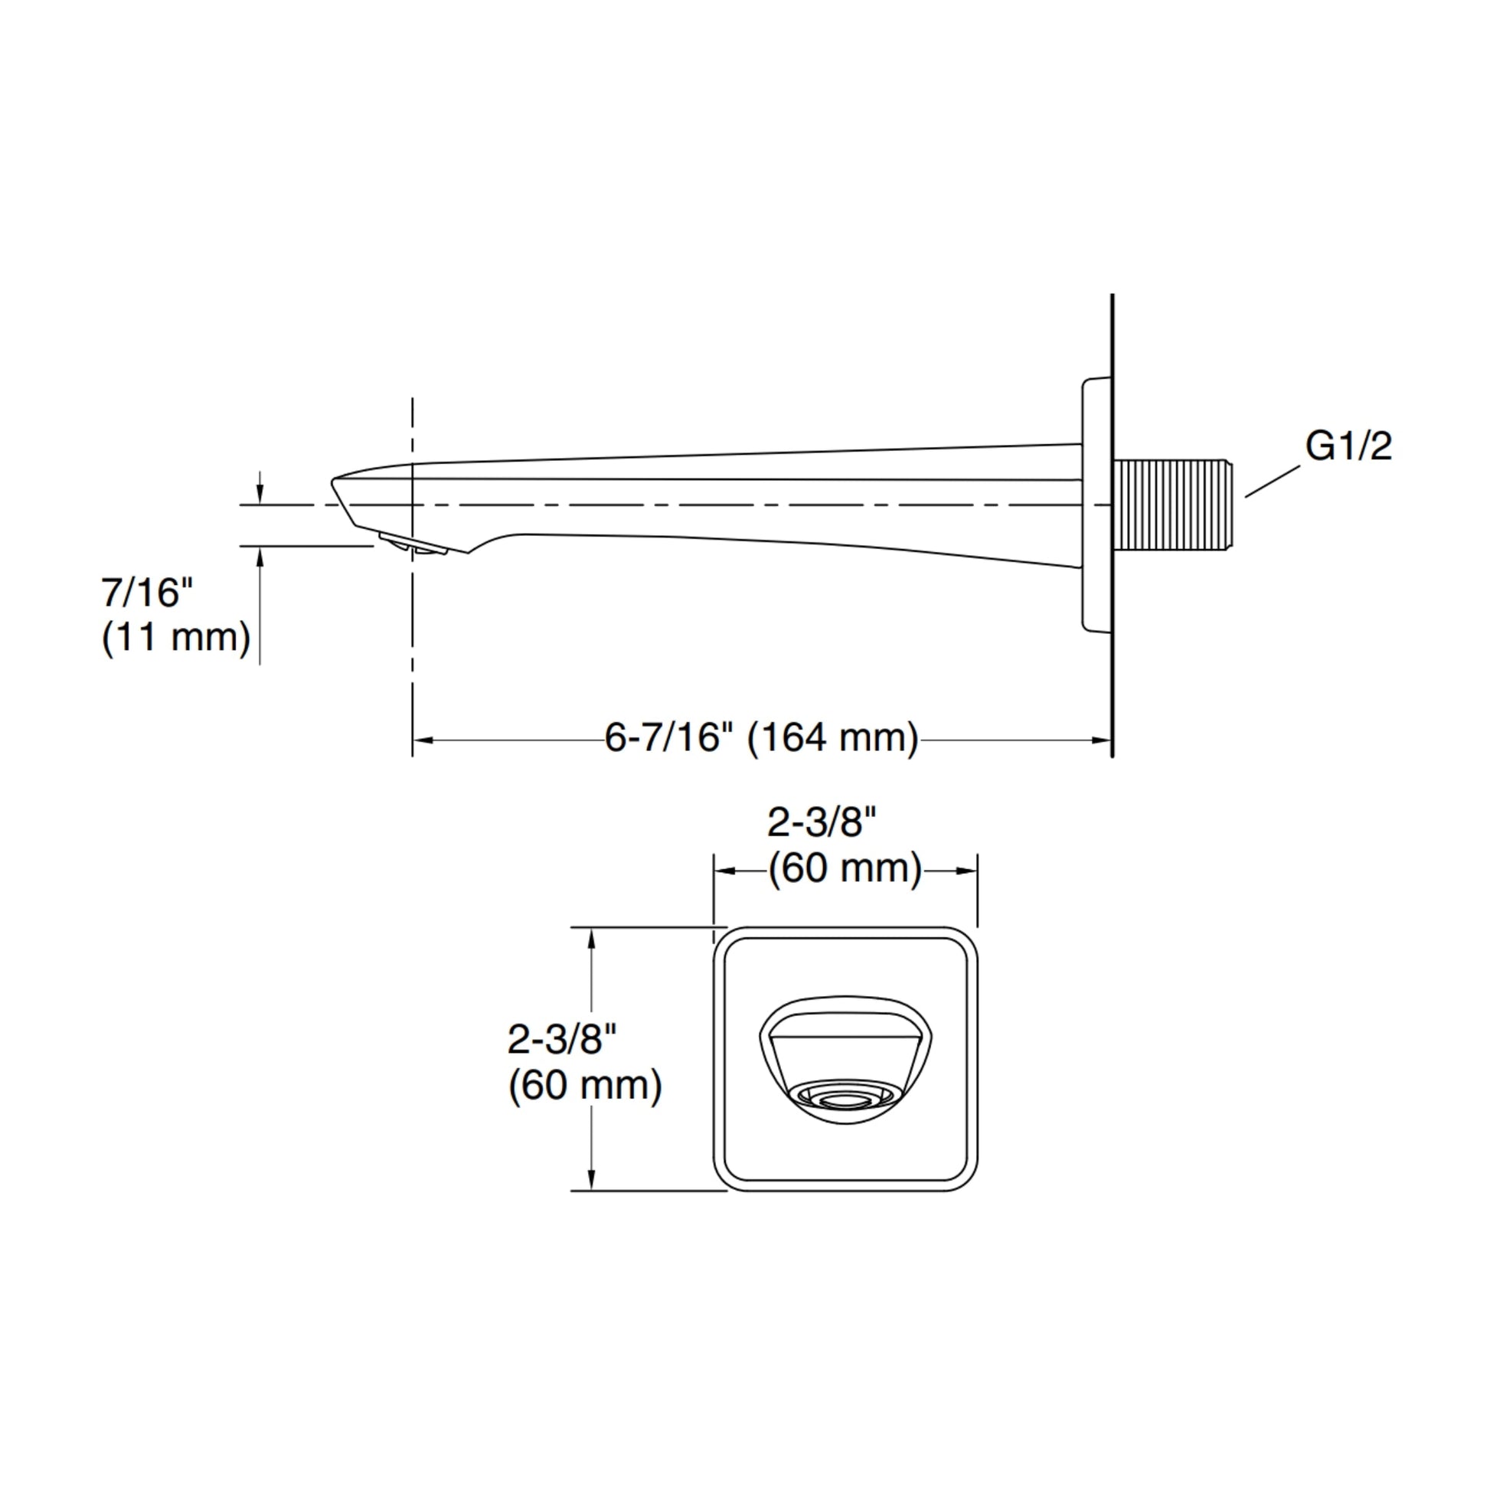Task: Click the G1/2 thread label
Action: click(x=1348, y=446)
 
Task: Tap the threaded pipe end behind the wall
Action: click(x=1172, y=506)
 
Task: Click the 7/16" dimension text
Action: click(x=146, y=592)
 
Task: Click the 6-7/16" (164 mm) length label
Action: click(x=762, y=738)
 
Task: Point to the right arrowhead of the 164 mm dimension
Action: click(x=1101, y=740)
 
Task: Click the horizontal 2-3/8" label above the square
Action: click(x=822, y=823)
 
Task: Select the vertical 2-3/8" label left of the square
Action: click(x=562, y=1040)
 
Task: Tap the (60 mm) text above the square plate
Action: click(x=845, y=869)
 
